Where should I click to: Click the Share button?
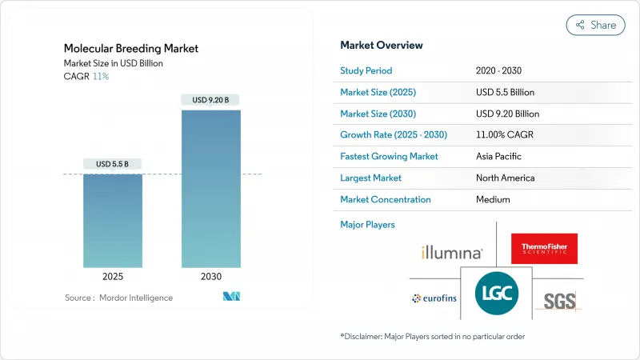tap(596, 25)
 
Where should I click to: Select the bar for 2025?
tap(113, 220)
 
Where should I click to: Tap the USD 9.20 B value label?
tap(211, 100)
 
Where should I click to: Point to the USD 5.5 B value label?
tap(113, 164)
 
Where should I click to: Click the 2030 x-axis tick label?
tap(211, 276)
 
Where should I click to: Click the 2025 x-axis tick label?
tap(113, 276)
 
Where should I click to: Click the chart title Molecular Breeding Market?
tap(132, 49)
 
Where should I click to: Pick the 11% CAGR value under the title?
tap(102, 76)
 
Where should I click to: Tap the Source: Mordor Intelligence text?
tap(118, 298)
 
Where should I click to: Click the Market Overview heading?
tap(382, 45)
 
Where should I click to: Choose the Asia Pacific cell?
tap(502, 156)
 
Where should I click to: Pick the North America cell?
tap(505, 178)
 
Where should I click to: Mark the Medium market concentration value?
tap(493, 199)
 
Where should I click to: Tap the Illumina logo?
tap(452, 253)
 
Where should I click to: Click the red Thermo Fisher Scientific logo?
tap(544, 248)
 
